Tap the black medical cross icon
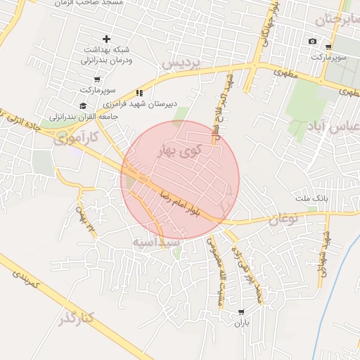point(106,39)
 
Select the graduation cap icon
point(84,105)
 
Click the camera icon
point(312,41)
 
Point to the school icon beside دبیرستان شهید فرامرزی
point(139,92)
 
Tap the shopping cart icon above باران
point(242,311)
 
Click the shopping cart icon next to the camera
point(328,47)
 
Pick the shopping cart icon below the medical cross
point(96,79)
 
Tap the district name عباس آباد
point(333,128)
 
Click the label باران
point(242,324)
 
